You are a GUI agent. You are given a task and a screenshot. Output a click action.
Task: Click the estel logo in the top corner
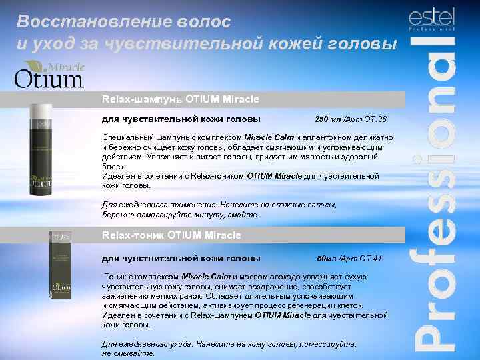432,17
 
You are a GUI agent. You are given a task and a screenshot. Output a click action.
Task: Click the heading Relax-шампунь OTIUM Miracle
180,99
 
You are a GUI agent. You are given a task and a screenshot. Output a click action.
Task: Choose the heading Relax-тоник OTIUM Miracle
171,235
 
